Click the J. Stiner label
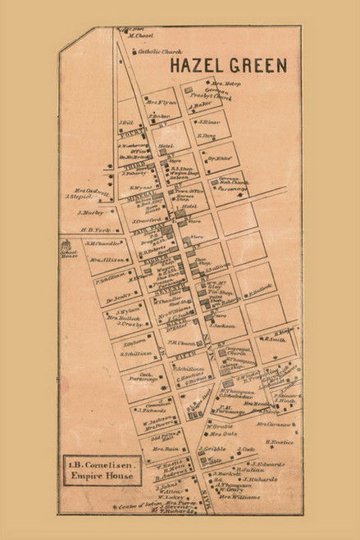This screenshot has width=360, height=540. click(207, 120)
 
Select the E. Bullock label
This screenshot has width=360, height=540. click(259, 288)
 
